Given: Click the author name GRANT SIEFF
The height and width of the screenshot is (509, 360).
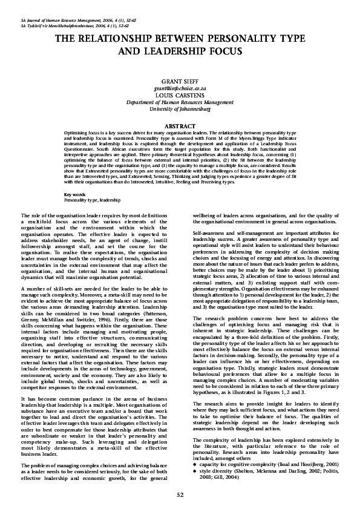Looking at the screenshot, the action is coord(180,80).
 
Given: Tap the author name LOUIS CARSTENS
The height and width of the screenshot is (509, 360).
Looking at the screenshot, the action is coord(180,95).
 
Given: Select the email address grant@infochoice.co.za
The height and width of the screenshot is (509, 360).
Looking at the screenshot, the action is coord(180,88).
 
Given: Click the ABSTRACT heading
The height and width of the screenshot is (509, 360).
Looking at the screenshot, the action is coord(180,125).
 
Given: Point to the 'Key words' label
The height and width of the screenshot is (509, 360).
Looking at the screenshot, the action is coord(74,177).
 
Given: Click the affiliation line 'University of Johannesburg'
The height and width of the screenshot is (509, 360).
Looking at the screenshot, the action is coord(180,109).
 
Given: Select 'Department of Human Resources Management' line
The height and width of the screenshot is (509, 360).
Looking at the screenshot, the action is coord(180,102).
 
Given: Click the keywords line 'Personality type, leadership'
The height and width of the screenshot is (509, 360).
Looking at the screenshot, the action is coord(92,182).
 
